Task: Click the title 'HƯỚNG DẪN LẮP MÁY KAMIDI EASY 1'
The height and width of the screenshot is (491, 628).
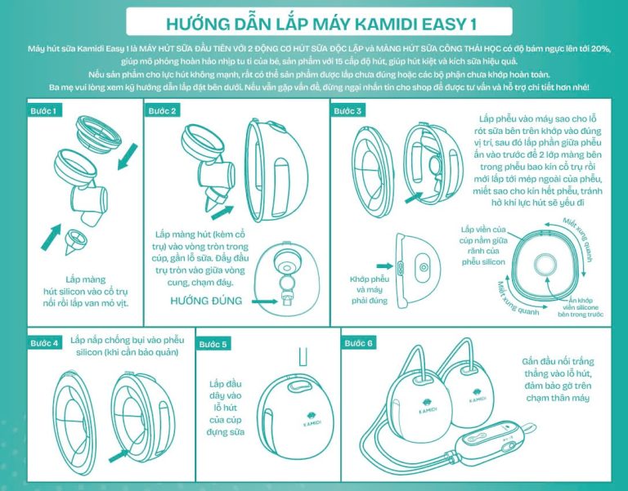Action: pyautogui.click(x=314, y=21)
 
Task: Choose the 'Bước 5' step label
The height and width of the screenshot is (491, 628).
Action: pyautogui.click(x=214, y=343)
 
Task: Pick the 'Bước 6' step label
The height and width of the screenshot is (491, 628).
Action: pyautogui.click(x=359, y=343)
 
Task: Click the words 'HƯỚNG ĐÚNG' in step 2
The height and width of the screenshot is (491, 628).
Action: pyautogui.click(x=207, y=301)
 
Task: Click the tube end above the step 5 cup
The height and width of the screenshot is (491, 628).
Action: pyautogui.click(x=301, y=356)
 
